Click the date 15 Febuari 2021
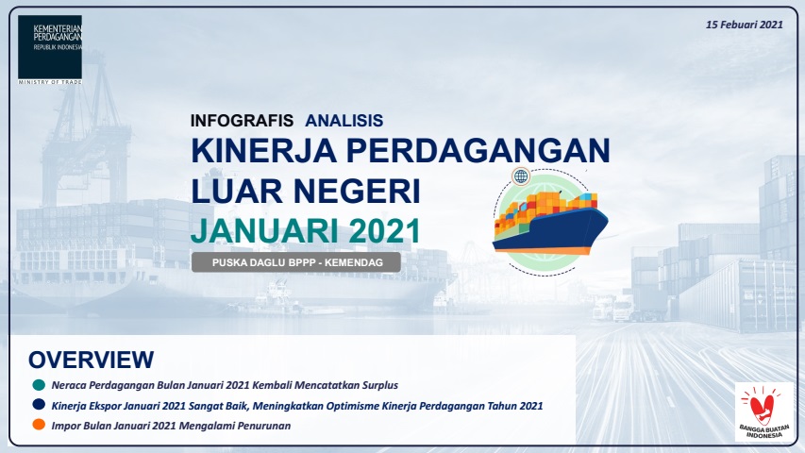point(746,23)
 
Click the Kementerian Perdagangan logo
point(49,47)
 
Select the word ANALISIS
point(344,121)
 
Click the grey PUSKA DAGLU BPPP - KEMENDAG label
point(295,262)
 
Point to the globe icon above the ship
point(521,176)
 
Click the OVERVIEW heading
point(91,360)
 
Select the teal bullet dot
point(39,385)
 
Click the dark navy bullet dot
point(39,405)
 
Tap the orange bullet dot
point(39,425)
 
